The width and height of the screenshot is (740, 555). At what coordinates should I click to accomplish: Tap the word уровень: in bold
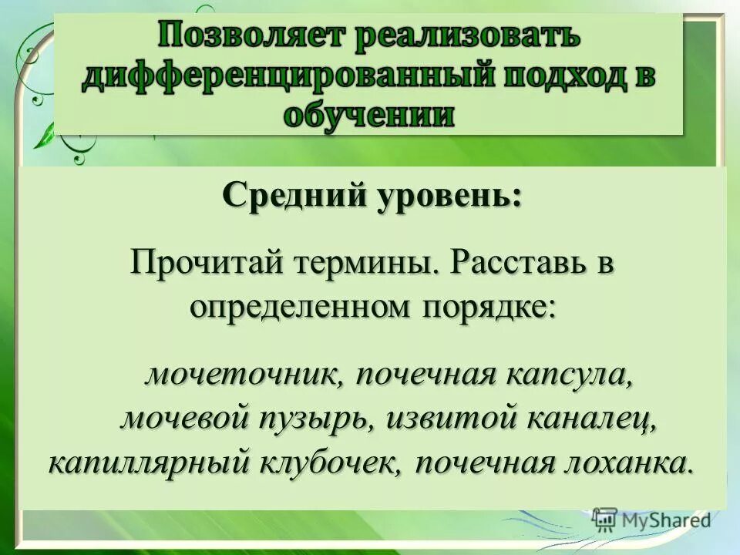(x=449, y=193)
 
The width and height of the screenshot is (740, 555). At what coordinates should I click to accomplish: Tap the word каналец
(x=593, y=420)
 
